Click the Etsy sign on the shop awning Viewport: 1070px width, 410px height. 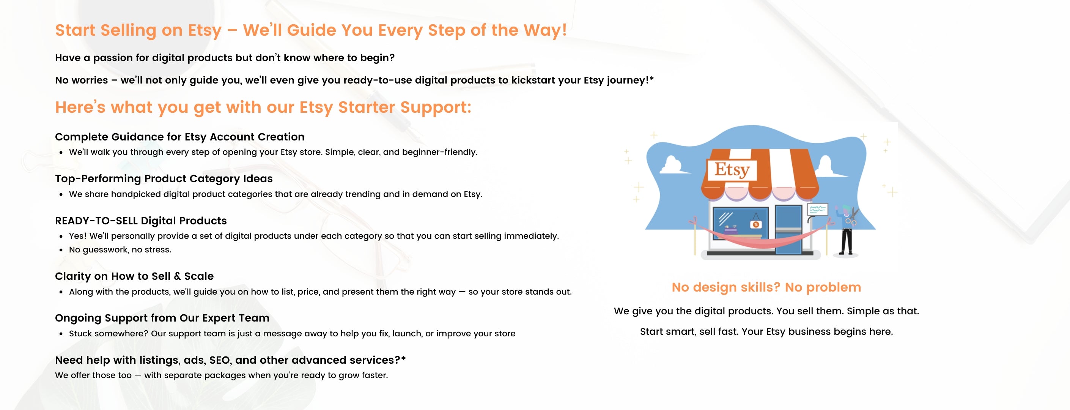point(732,169)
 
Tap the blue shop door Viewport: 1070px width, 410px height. point(788,229)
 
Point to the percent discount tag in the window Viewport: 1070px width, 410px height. point(756,224)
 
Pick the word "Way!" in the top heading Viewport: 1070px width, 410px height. point(545,30)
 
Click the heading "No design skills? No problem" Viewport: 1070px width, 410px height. point(766,287)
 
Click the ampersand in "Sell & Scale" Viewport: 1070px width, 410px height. point(177,276)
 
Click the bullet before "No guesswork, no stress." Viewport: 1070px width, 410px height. point(61,250)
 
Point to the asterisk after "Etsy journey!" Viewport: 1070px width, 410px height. point(652,78)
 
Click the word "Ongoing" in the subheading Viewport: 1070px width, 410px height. point(79,319)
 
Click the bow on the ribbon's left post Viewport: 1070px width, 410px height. point(693,221)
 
